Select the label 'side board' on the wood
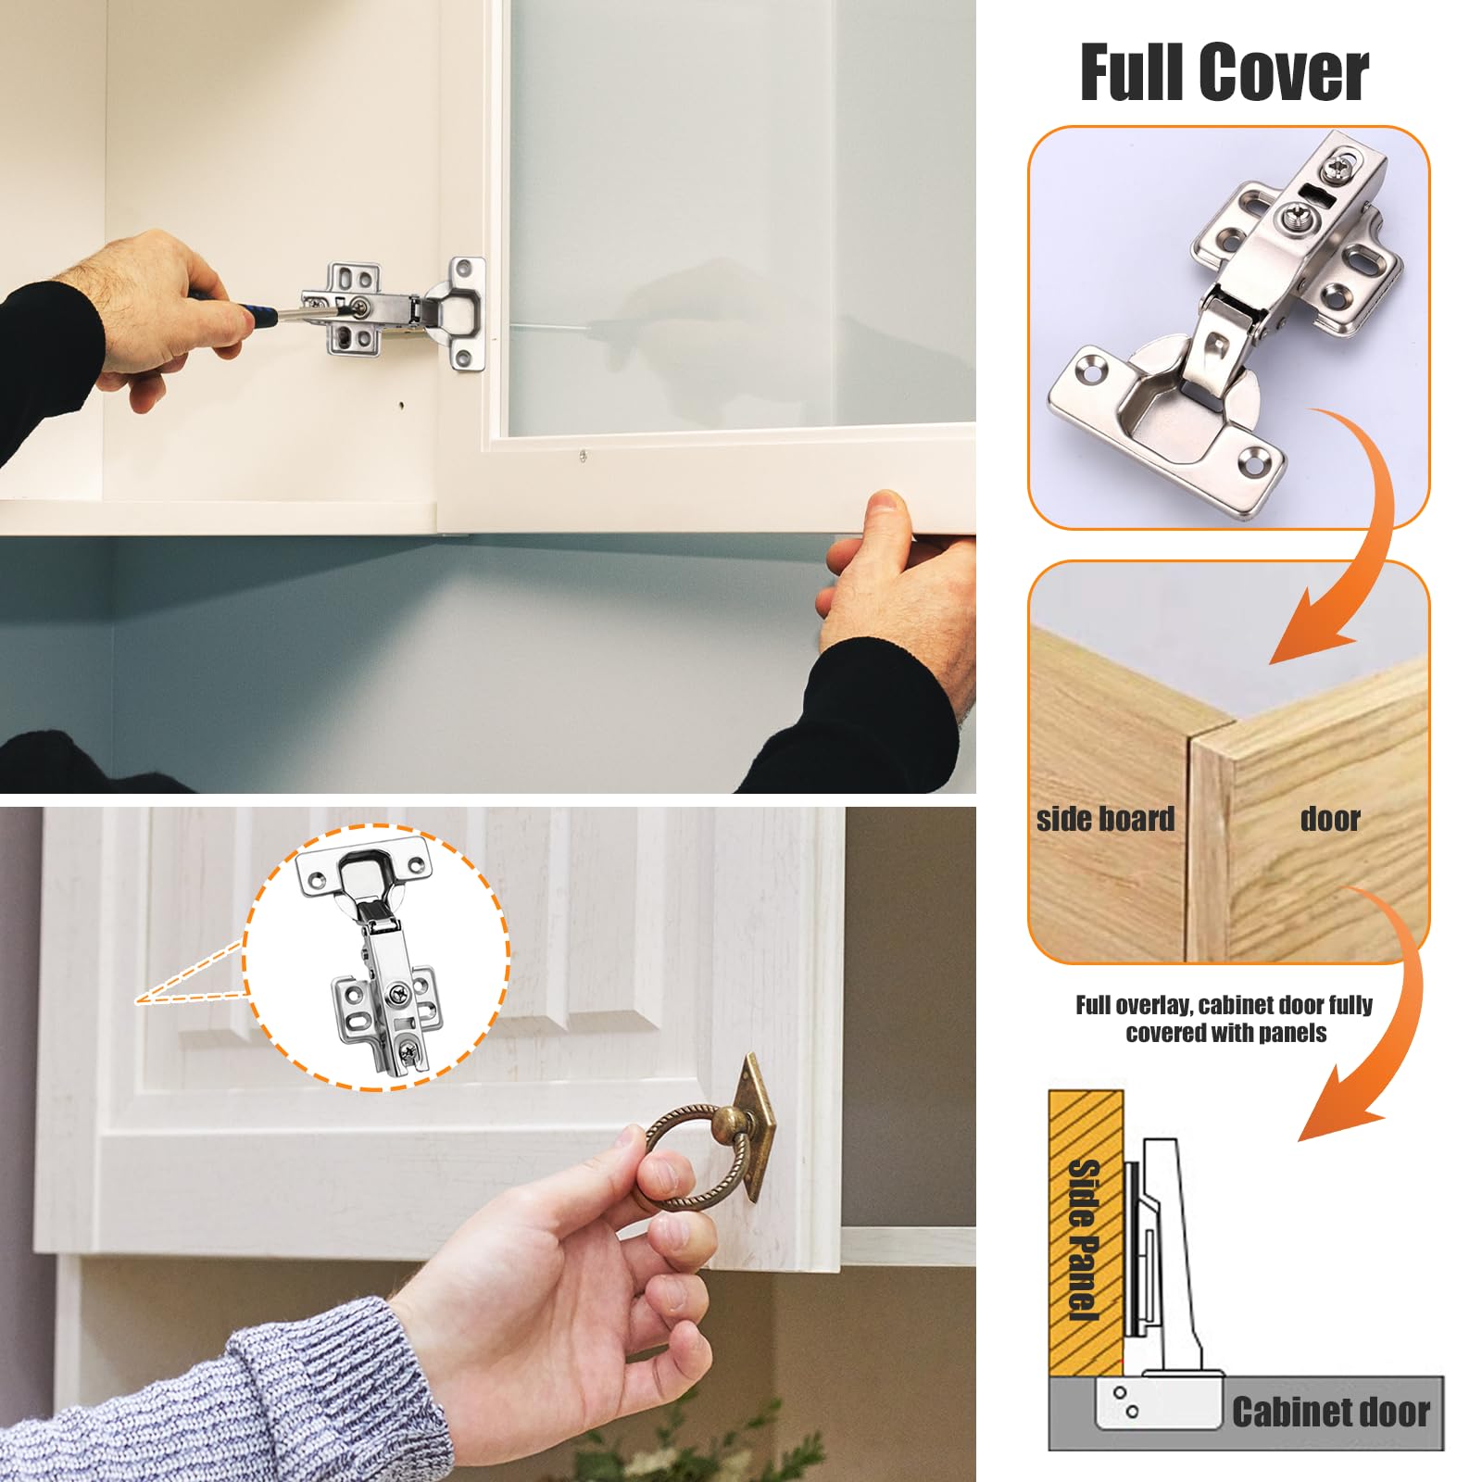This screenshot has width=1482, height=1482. click(x=1105, y=819)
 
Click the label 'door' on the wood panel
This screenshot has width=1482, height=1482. click(x=1330, y=819)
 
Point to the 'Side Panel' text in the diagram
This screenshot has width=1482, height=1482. click(x=1084, y=1239)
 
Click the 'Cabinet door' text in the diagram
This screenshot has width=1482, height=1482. click(x=1331, y=1412)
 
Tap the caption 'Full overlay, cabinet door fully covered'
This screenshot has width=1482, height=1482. click(x=1225, y=1019)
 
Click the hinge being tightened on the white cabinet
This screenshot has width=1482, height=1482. click(x=394, y=310)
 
